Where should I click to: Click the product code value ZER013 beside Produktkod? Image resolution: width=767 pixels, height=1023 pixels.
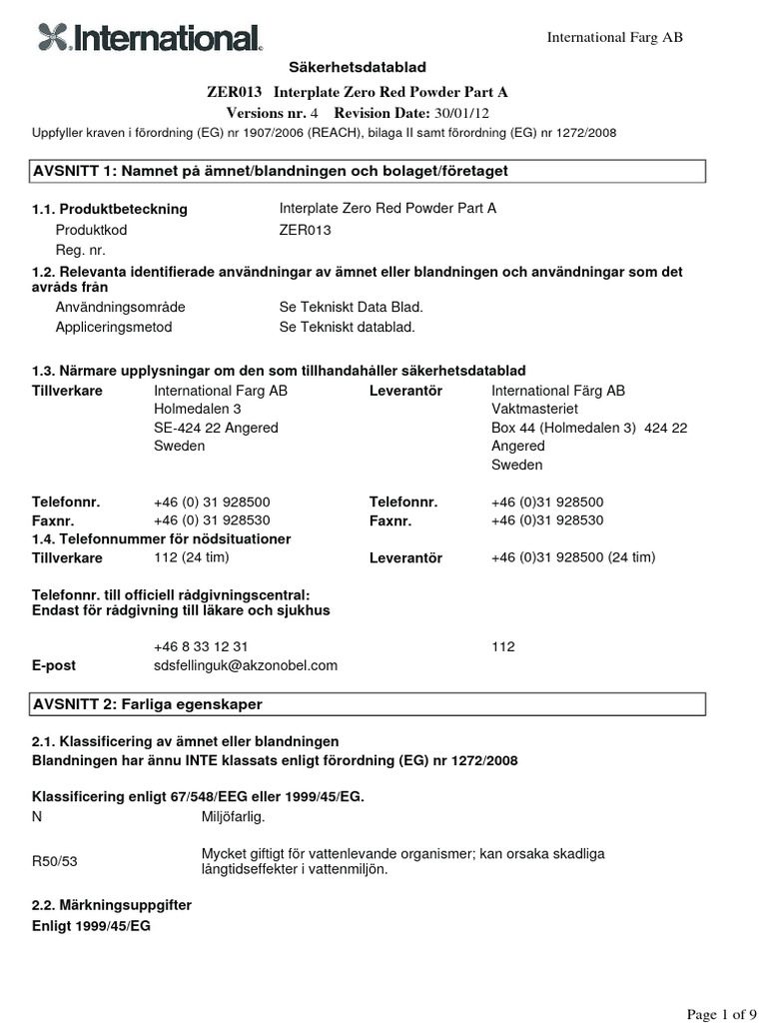pyautogui.click(x=305, y=230)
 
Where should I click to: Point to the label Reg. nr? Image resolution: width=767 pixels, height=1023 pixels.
pyautogui.click(x=81, y=251)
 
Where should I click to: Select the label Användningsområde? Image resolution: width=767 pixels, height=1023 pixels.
pyautogui.click(x=120, y=307)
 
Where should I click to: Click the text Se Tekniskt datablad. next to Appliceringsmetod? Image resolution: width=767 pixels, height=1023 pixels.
pyautogui.click(x=347, y=327)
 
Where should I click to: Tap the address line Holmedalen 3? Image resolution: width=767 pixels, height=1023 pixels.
pyautogui.click(x=197, y=409)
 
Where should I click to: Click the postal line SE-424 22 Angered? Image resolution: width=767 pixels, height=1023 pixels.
pyautogui.click(x=216, y=428)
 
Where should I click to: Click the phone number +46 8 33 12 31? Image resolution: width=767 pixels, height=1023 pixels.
pyautogui.click(x=201, y=646)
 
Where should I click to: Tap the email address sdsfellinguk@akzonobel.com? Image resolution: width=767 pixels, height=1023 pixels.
pyautogui.click(x=246, y=664)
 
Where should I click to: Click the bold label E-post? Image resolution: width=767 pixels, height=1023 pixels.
pyautogui.click(x=54, y=664)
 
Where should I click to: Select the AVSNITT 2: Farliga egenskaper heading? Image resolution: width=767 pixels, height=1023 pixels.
pyautogui.click(x=148, y=704)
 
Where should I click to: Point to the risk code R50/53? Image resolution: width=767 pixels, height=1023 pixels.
pyautogui.click(x=54, y=860)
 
